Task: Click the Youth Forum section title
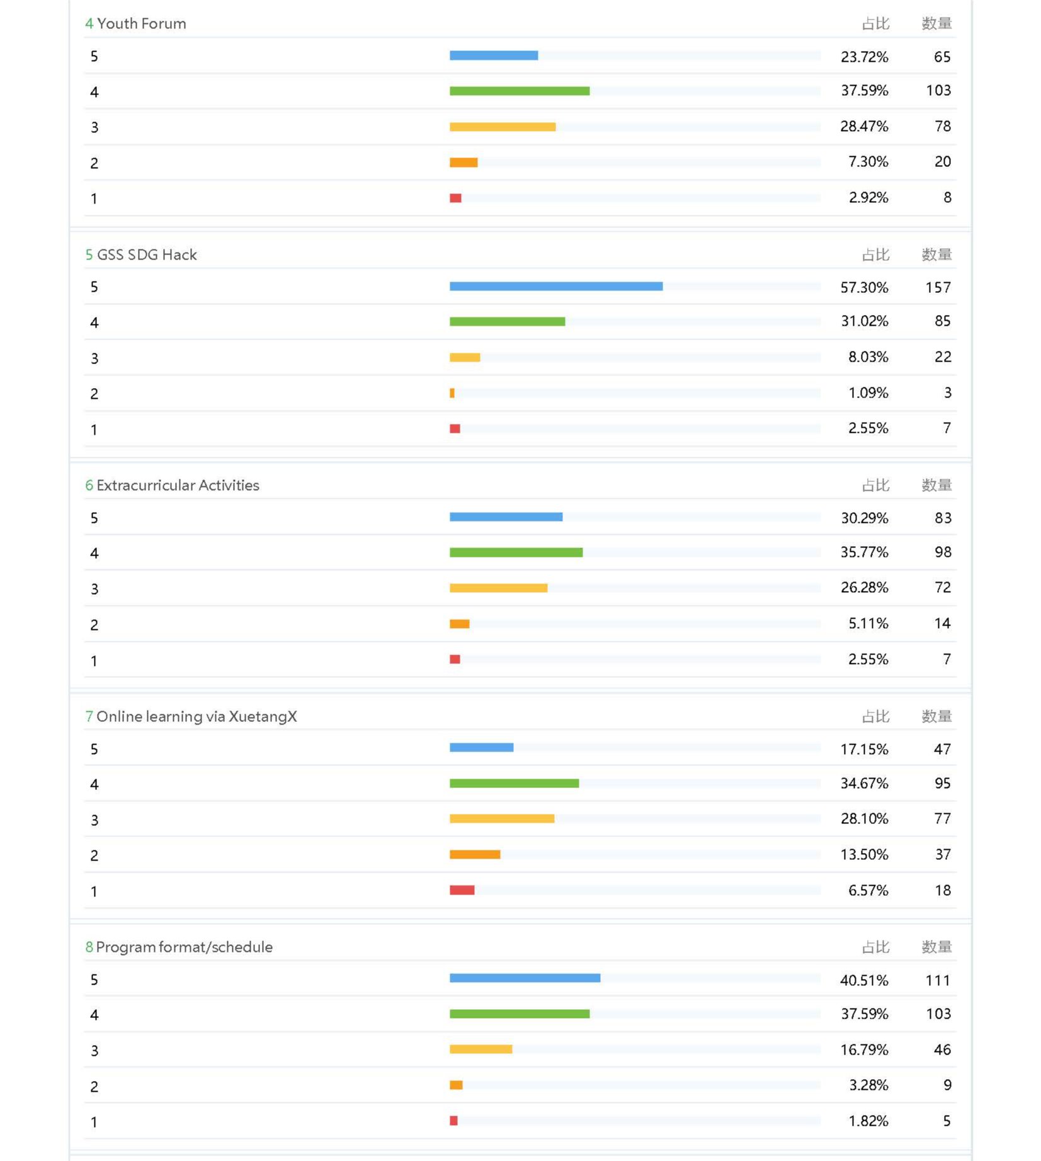141,24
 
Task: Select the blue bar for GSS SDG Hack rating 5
555,287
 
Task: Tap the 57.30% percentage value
863,288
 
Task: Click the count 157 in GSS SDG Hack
937,288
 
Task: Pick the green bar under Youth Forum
519,91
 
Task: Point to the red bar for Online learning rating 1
462,890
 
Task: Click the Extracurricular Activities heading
177,486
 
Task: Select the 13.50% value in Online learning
863,855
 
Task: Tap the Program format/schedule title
183,947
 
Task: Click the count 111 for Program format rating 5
937,981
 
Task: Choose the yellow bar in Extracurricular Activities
498,588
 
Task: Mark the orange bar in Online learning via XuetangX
474,855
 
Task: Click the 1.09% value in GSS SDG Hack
867,393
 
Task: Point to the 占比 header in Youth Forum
875,24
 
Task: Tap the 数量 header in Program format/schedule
936,947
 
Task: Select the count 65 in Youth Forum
941,57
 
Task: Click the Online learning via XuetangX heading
196,717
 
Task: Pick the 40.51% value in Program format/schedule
863,981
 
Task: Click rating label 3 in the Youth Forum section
94,128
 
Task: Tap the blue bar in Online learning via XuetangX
481,748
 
